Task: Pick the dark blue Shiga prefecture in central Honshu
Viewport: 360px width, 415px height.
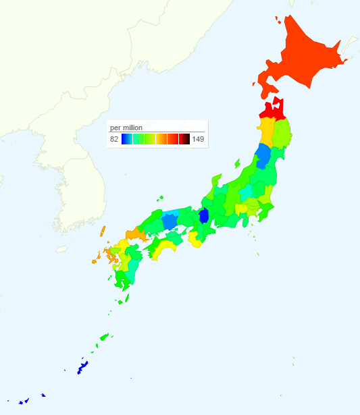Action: [x=204, y=216]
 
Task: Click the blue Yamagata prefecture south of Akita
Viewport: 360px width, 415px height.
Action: [x=264, y=155]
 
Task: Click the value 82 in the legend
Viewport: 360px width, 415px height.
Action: [x=114, y=139]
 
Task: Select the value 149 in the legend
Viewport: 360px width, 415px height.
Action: [x=198, y=139]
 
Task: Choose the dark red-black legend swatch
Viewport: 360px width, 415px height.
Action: [x=184, y=139]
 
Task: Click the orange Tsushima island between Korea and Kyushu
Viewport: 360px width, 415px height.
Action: [x=103, y=231]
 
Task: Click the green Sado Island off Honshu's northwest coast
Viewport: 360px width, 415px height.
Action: [x=237, y=163]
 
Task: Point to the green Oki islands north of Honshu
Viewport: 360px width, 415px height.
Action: [x=160, y=198]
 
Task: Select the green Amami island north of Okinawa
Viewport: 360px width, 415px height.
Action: [x=104, y=335]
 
